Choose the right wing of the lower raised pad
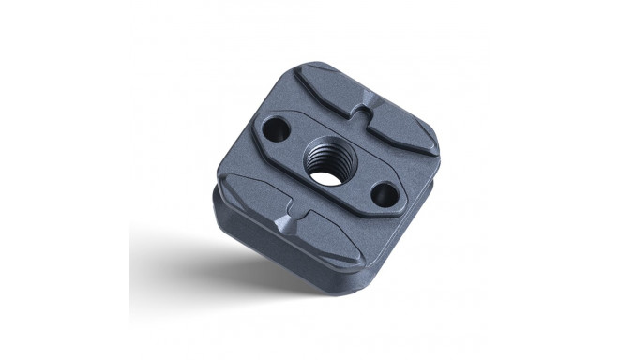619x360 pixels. (x=328, y=246)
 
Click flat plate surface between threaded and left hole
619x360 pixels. (x=294, y=150)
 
